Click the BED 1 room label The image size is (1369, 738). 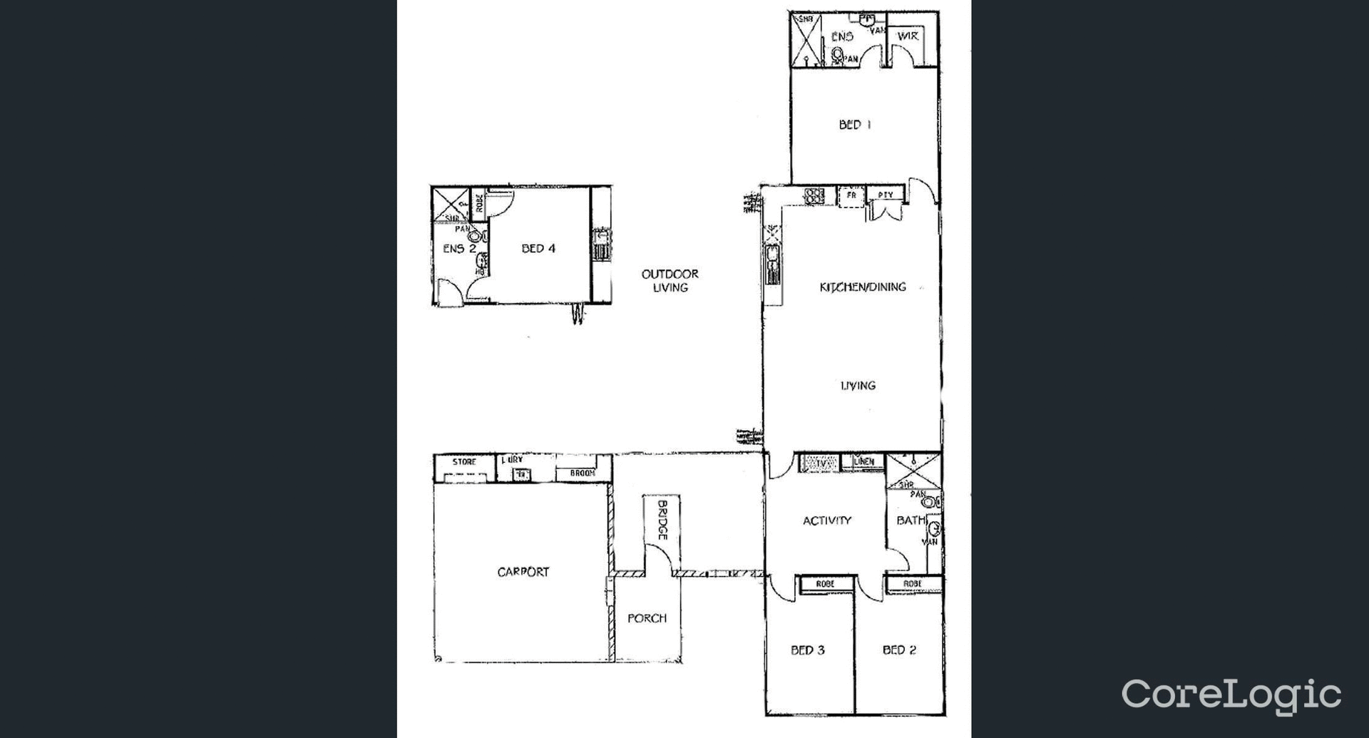click(x=854, y=125)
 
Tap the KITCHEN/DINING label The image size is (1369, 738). click(x=863, y=287)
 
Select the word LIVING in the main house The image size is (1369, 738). click(x=858, y=386)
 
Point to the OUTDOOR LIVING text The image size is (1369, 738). click(x=670, y=280)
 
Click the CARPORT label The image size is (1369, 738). click(x=523, y=572)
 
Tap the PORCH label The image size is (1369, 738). click(x=647, y=618)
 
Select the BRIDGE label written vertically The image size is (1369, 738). click(x=662, y=520)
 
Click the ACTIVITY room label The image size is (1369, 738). click(x=826, y=521)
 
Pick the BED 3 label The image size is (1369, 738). click(x=807, y=650)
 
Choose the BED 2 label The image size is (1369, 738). click(x=899, y=650)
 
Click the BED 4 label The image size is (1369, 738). click(x=538, y=249)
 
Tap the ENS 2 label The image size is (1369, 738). click(x=459, y=249)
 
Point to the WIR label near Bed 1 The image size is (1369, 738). click(x=907, y=36)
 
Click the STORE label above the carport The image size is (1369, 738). click(x=464, y=462)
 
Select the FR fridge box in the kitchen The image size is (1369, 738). click(x=851, y=195)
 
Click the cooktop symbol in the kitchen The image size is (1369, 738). click(x=814, y=195)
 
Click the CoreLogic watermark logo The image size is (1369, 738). click(x=1231, y=695)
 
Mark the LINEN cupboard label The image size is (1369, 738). click(x=863, y=462)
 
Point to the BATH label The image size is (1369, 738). click(x=911, y=521)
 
